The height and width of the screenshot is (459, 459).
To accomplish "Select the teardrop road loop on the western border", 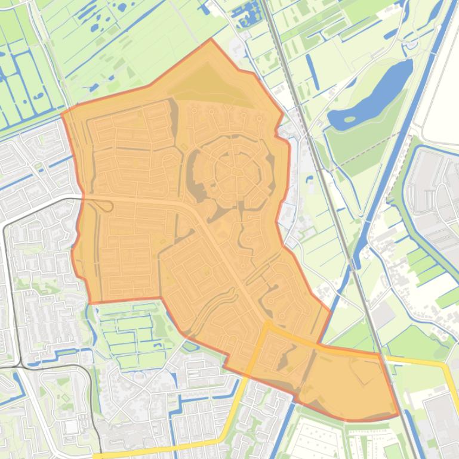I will pos(106,206).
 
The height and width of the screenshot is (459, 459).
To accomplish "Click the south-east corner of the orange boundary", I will pos(398,414).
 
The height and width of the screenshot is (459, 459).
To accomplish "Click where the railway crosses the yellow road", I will pos(380,354).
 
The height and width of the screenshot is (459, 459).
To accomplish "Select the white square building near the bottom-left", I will pos(71,427).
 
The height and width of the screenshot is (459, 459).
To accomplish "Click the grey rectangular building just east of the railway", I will pos(382,313).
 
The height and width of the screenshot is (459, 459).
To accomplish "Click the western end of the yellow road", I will pos(96,456).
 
